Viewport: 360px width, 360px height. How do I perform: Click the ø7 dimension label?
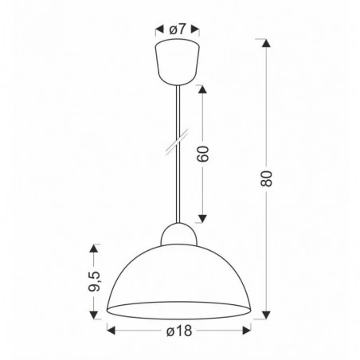pos(178,29)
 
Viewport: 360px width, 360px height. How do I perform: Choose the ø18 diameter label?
pos(178,331)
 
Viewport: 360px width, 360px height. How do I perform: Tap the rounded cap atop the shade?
pos(177,233)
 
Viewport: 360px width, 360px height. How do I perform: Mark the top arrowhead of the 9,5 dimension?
pos(96,248)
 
